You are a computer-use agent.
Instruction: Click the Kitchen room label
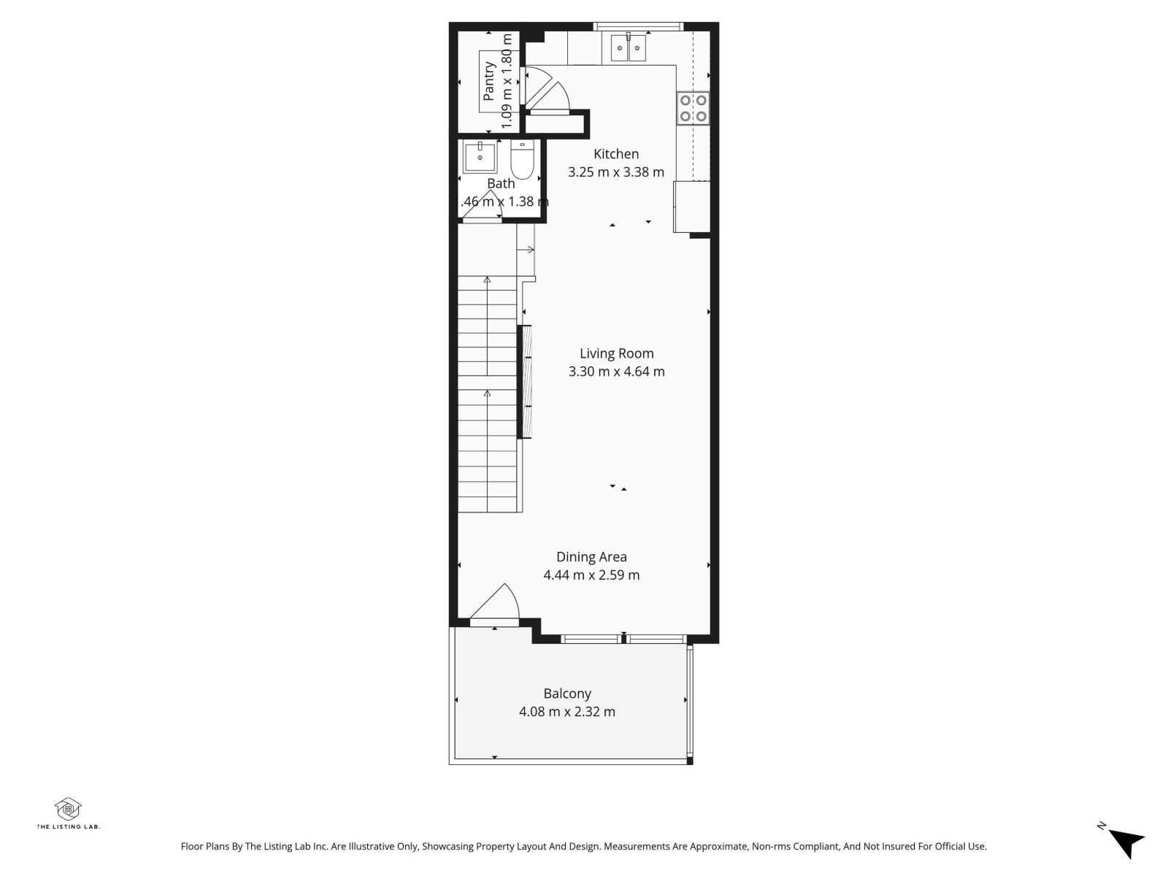[x=616, y=154]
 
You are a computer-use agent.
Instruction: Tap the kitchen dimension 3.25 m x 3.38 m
[x=616, y=172]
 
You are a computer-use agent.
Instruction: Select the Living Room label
[x=616, y=353]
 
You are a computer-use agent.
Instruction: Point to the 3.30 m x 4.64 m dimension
[x=616, y=372]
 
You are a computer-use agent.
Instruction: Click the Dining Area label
[x=591, y=557]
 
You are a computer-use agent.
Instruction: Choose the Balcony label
[x=567, y=693]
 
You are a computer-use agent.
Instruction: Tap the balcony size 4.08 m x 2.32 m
[x=567, y=712]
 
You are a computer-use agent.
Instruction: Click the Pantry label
[x=489, y=81]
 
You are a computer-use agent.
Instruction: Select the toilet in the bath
[x=522, y=161]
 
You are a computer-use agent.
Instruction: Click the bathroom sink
[x=480, y=157]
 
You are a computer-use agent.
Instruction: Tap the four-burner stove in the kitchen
[x=693, y=107]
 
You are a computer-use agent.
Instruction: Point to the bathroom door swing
[x=483, y=207]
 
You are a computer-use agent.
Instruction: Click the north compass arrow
[x=1126, y=842]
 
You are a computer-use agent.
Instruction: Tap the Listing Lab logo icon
[x=68, y=808]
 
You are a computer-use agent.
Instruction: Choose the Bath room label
[x=501, y=183]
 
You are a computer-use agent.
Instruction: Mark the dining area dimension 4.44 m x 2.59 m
[x=591, y=575]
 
